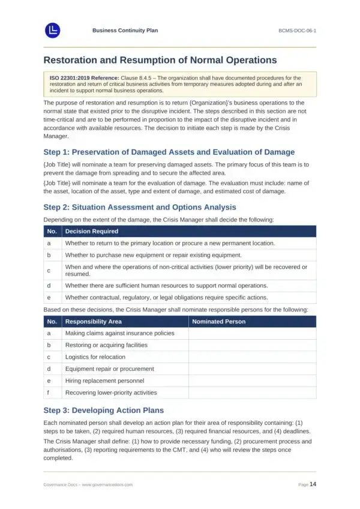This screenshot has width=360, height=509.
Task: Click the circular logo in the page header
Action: pos(53,30)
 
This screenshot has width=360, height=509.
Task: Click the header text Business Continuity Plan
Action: pos(125,30)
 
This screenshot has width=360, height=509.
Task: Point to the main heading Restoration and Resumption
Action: pos(160,60)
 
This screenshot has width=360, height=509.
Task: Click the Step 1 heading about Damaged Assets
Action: pos(169,152)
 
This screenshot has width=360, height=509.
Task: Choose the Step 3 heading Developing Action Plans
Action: pos(104,411)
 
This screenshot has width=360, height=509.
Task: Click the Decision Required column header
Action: pos(92,231)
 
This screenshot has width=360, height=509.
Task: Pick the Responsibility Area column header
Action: pos(93,322)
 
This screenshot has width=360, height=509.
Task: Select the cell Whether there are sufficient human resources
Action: pos(166,285)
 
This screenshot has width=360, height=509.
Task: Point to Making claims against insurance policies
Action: pos(119,333)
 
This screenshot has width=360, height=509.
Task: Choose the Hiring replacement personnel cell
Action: pos(104,381)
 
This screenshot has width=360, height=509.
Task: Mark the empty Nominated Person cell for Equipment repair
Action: pos(252,369)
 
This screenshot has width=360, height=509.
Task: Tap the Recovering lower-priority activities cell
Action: pos(111,393)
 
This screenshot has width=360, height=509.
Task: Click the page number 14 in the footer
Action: pos(313,484)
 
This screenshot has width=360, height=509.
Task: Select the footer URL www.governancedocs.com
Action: pos(107,484)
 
